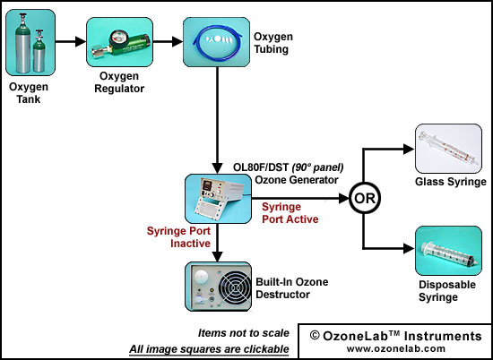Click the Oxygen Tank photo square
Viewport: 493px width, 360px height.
[x=30, y=42]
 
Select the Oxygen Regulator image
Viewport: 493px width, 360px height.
[x=120, y=42]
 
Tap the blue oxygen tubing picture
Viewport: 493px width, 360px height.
[x=217, y=42]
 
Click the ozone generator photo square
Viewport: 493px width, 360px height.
[x=218, y=199]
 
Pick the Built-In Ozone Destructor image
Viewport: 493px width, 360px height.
[x=218, y=287]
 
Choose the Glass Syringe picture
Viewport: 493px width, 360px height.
[x=449, y=149]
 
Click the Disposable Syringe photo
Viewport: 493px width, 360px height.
[x=449, y=251]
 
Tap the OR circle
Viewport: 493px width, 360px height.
[x=365, y=199]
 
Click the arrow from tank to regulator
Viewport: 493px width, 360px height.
[x=71, y=41]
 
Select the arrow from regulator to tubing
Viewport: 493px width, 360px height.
[x=168, y=41]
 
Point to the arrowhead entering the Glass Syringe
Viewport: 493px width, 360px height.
[x=409, y=150]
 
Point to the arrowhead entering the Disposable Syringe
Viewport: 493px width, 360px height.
[x=409, y=248]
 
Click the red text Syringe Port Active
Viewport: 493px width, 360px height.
[x=290, y=213]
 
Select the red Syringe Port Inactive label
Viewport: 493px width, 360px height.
[x=178, y=237]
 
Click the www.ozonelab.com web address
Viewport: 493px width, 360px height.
[x=396, y=348]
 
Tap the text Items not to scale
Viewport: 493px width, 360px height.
[x=243, y=333]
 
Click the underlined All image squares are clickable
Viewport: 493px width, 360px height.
[x=209, y=348]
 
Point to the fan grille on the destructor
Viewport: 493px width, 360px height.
[x=234, y=287]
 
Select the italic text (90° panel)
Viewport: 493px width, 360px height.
[x=317, y=167]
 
